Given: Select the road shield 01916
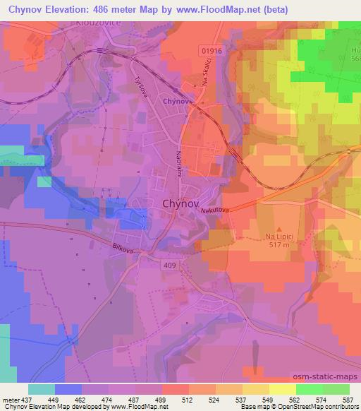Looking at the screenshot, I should click(211, 50).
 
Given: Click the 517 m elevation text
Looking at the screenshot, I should click(279, 246).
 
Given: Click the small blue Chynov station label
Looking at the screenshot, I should click(174, 102).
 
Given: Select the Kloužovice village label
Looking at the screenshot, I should click(97, 23).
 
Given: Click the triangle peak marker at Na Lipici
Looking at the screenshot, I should click(279, 230).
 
